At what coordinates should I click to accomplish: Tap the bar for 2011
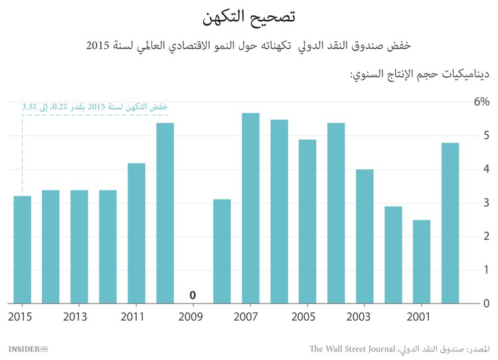[x=136, y=233]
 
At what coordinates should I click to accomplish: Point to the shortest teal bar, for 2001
[x=422, y=262]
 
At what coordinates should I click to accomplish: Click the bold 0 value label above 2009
[x=193, y=294]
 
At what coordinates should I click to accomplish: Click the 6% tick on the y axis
[x=481, y=102]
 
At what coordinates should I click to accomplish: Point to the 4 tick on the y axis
[x=486, y=169]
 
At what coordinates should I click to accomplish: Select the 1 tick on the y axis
[x=486, y=270]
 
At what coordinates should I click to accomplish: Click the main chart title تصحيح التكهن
[x=248, y=16]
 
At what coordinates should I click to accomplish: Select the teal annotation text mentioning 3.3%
[x=94, y=106]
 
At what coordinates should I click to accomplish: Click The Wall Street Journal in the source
[x=353, y=349]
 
